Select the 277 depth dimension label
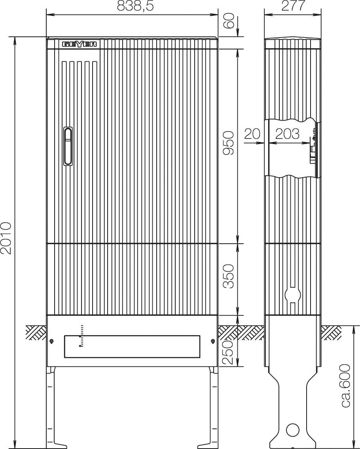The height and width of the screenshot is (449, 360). point(293,6)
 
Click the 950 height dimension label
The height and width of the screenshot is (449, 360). point(229,144)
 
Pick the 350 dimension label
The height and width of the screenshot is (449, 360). point(229,277)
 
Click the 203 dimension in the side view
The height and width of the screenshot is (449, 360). point(288,134)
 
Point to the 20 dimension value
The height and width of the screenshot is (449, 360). point(252,134)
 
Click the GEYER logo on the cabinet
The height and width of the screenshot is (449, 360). point(80,44)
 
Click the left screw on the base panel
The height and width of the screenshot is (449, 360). point(52,341)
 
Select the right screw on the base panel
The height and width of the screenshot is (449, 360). point(212,341)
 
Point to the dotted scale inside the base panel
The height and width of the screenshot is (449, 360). point(81,336)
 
